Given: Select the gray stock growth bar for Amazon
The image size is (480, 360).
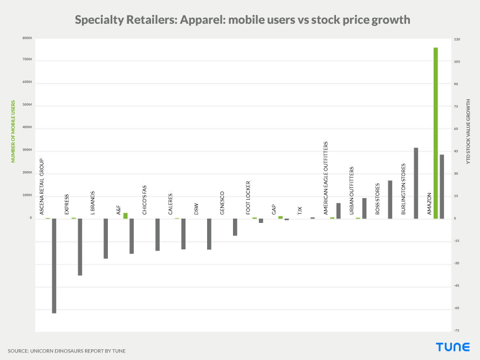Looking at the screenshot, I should pyautogui.click(x=442, y=186).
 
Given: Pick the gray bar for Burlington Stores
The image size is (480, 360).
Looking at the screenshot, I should pyautogui.click(x=416, y=183).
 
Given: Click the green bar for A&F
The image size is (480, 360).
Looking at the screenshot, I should pyautogui.click(x=125, y=215).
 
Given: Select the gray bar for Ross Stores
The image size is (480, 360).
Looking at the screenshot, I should pyautogui.click(x=390, y=199).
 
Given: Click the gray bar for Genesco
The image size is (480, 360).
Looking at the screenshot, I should pyautogui.click(x=235, y=227).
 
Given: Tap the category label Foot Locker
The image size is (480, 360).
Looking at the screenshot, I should pyautogui.click(x=248, y=198).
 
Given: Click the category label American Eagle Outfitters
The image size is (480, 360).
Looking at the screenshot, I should pyautogui.click(x=326, y=178).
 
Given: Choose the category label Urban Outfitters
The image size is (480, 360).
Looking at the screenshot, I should pyautogui.click(x=352, y=191).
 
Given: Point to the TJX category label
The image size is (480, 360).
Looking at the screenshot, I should pyautogui.click(x=300, y=210).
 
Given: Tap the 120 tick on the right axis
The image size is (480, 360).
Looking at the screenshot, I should pyautogui.click(x=457, y=39).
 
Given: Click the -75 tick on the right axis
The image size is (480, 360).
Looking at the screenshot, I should pyautogui.click(x=457, y=330).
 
